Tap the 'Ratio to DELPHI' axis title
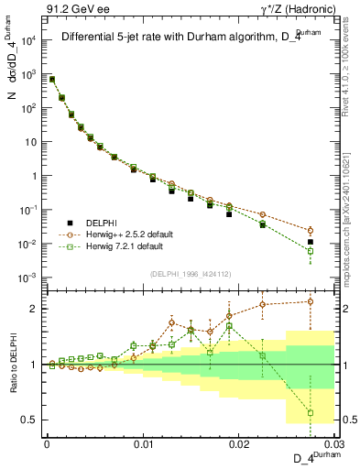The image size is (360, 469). [x=14, y=365]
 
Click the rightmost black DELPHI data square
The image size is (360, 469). [x=311, y=243]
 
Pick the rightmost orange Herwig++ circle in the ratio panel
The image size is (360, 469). [x=311, y=301]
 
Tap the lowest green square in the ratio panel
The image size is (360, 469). [x=311, y=413]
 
